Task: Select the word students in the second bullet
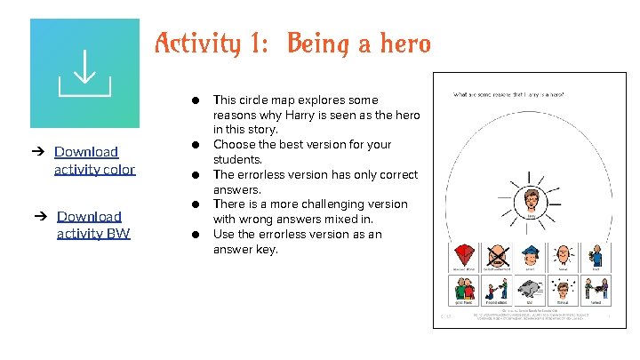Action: (239, 160)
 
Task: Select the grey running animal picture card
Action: (531, 289)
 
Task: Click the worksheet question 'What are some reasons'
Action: (509, 94)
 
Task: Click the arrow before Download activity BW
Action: (42, 216)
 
